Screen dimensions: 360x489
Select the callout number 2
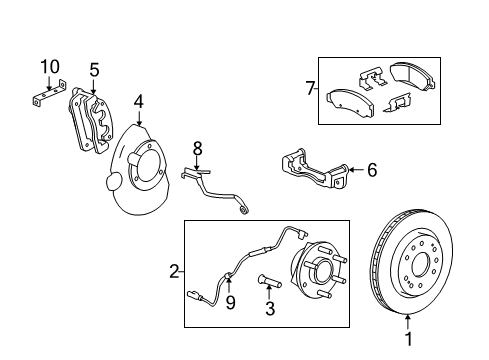tap(174, 271)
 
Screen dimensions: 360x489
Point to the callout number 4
tap(139, 100)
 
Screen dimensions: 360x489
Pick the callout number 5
tap(94, 70)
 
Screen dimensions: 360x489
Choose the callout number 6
tap(371, 171)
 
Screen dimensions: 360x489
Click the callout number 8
tap(198, 147)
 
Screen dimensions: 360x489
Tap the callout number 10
tap(49, 66)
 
